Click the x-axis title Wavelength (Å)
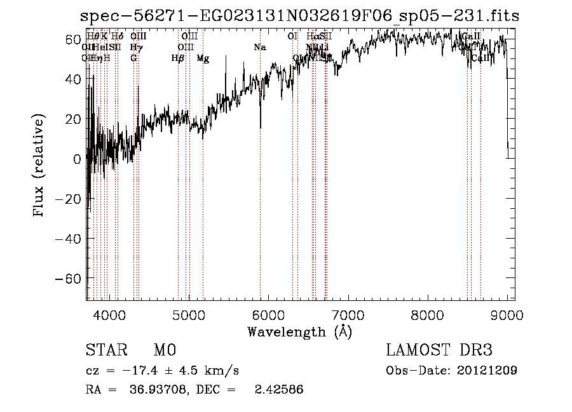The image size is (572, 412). (x=299, y=331)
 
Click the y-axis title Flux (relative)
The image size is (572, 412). (x=40, y=166)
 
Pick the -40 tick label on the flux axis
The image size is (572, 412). (x=67, y=239)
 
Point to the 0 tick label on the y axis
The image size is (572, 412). (x=76, y=159)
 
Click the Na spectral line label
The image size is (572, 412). (x=259, y=48)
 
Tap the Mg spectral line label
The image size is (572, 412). (x=203, y=58)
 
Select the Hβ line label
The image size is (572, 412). (x=178, y=58)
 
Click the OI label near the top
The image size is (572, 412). (x=292, y=37)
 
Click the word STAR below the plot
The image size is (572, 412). (x=106, y=350)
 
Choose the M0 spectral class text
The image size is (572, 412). (x=164, y=350)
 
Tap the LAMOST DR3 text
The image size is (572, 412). (x=439, y=350)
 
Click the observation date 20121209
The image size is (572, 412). (x=486, y=370)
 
